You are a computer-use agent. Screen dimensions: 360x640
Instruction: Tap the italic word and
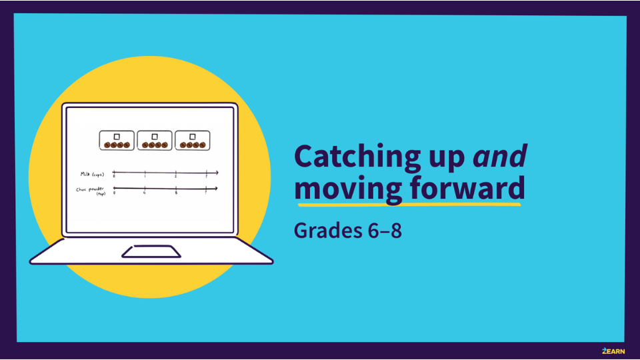pos(500,156)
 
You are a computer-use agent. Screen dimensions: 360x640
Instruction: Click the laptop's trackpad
pos(151,251)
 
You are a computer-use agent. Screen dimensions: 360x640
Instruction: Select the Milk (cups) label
pos(92,174)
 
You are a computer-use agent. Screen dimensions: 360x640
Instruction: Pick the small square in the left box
pos(117,137)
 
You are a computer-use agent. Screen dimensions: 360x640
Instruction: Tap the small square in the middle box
pos(155,137)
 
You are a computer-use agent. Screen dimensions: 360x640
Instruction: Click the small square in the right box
pos(193,137)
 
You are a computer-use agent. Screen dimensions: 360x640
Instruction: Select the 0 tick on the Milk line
pos(114,173)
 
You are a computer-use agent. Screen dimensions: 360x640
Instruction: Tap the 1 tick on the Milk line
pos(145,173)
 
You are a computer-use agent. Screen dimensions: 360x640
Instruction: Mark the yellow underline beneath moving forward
pos(407,204)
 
